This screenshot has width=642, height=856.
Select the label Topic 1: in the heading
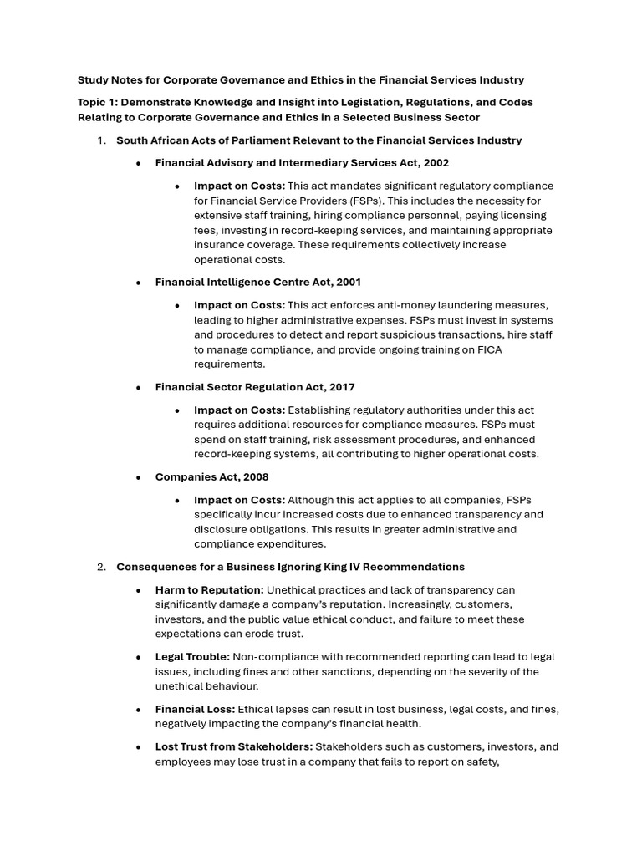click(x=98, y=102)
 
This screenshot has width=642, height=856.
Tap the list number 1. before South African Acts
click(x=101, y=140)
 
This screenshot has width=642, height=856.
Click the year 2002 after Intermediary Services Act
click(x=436, y=163)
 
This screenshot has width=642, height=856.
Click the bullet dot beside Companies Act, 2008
click(x=139, y=477)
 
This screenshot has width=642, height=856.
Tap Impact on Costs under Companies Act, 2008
click(x=239, y=500)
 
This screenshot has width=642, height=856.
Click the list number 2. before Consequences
click(x=101, y=567)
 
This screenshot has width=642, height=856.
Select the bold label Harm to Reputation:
click(x=209, y=590)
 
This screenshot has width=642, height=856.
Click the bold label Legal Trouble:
click(x=192, y=657)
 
